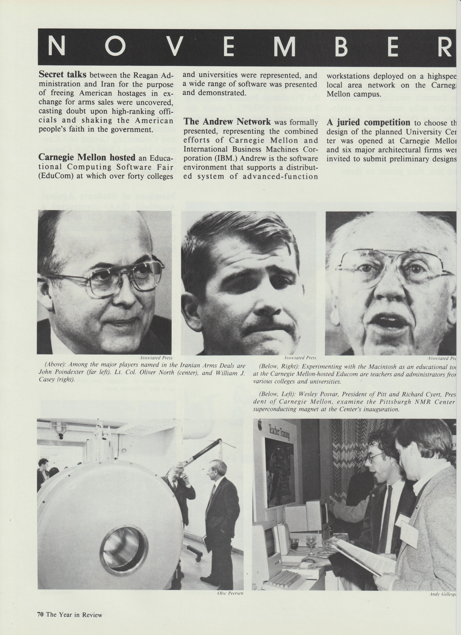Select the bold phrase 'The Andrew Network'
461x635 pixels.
click(227, 122)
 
